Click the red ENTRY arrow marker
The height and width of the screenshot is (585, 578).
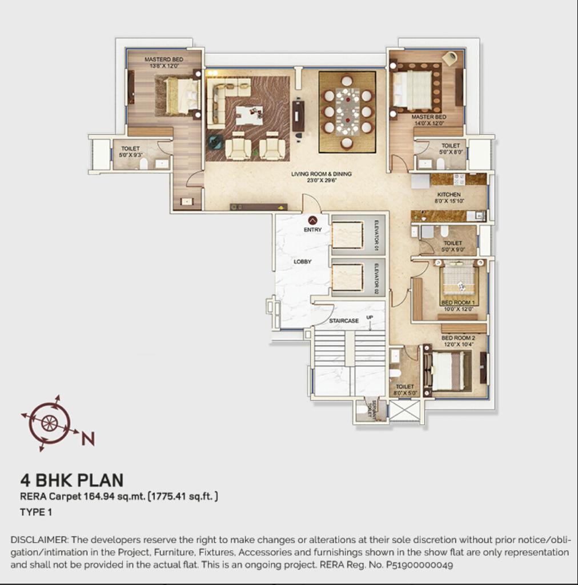(312, 220)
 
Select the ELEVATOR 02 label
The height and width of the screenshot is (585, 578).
(376, 278)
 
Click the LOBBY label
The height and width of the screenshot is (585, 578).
(302, 262)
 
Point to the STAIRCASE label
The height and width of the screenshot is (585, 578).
(344, 321)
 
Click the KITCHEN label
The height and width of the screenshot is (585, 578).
(448, 195)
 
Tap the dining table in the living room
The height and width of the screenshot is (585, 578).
(347, 111)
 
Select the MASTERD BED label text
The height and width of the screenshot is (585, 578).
(163, 59)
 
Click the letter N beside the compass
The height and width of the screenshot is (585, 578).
(87, 438)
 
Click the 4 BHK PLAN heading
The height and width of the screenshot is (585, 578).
(71, 480)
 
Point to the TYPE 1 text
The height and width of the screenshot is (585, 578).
(36, 512)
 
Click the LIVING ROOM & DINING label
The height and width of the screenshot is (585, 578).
(321, 174)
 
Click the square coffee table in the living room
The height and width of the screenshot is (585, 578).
(250, 115)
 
